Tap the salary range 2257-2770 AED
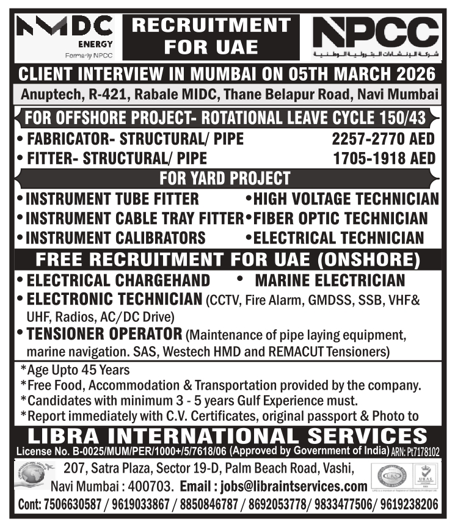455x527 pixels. tap(384, 139)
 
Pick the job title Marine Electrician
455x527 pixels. tap(329, 280)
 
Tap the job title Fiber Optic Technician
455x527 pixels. tap(340, 218)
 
